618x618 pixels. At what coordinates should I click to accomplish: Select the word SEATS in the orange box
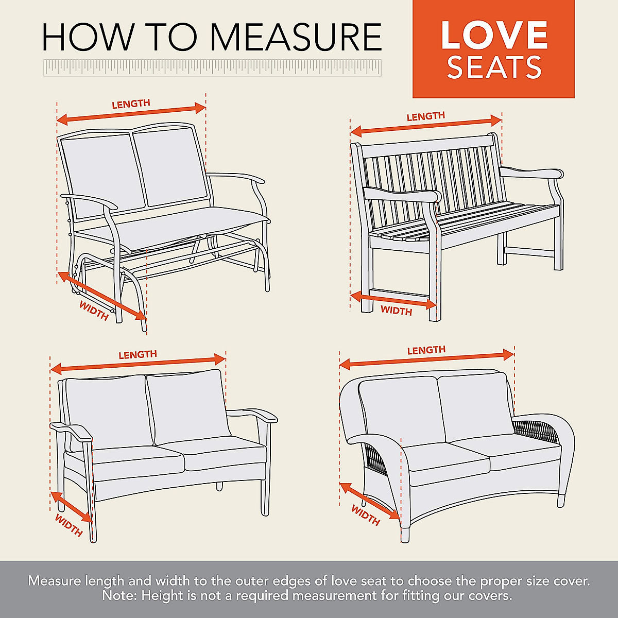pyautogui.click(x=494, y=67)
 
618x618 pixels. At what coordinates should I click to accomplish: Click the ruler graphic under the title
pyautogui.click(x=212, y=67)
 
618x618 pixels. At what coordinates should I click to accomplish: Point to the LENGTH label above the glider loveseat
pyautogui.click(x=131, y=104)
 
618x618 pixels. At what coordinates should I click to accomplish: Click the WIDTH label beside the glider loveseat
pyautogui.click(x=94, y=311)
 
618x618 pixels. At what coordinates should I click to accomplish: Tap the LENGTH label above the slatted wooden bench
pyautogui.click(x=425, y=116)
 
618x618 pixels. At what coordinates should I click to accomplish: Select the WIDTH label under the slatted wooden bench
pyautogui.click(x=396, y=311)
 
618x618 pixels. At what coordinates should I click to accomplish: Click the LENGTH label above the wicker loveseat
pyautogui.click(x=426, y=350)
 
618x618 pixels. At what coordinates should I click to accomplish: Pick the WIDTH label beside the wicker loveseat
pyautogui.click(x=366, y=515)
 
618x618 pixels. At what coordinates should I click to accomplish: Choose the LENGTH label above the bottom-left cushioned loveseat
pyautogui.click(x=138, y=355)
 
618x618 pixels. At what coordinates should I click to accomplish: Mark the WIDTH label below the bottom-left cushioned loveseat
pyautogui.click(x=68, y=525)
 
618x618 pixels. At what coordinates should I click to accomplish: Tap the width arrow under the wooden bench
pyautogui.click(x=393, y=300)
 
